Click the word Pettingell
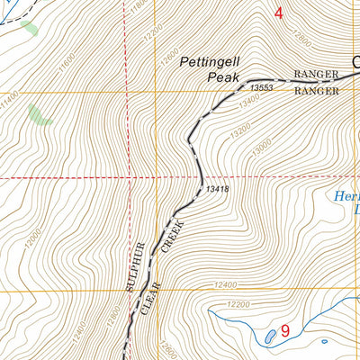pos(210,62)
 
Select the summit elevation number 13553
pos(260,87)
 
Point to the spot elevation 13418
pos(217,189)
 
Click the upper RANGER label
pos(316,75)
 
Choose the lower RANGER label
pos(316,91)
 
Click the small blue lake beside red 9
pos(270,337)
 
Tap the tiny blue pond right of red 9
pos(324,341)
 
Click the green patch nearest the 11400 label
pos(37,114)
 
